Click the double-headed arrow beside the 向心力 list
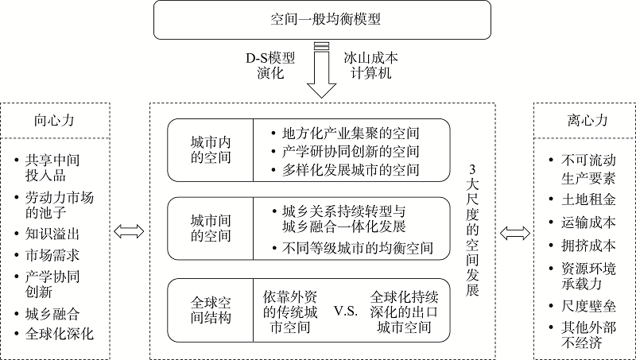[x=129, y=232]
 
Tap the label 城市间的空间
[x=207, y=228]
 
